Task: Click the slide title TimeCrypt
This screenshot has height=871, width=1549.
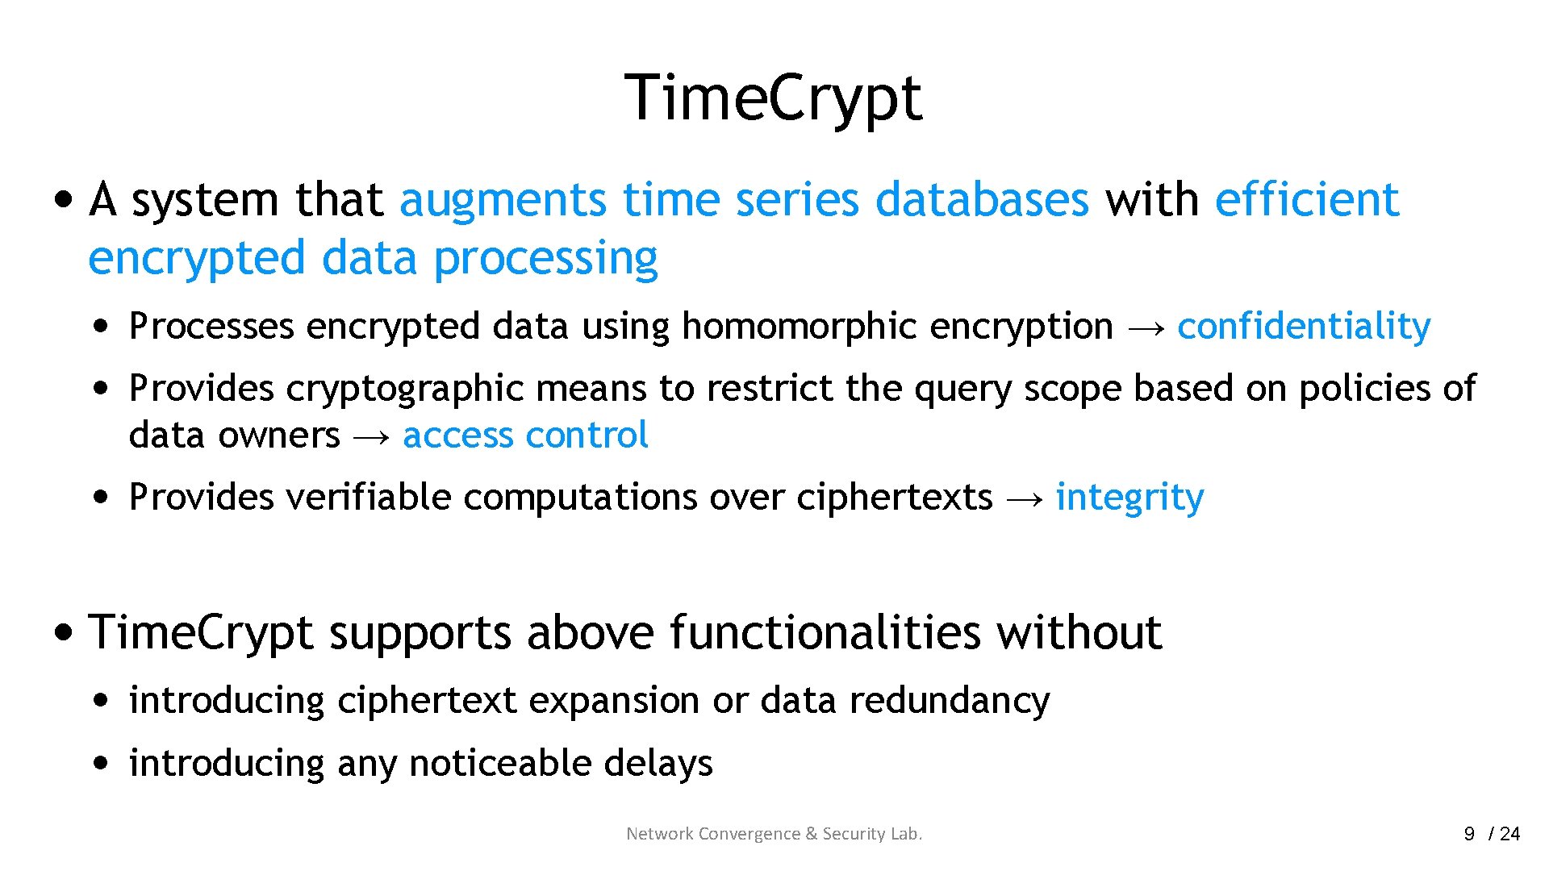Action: tap(773, 98)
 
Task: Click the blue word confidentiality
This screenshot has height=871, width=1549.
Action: tap(1304, 327)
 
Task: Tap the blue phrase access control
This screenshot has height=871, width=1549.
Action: tap(525, 435)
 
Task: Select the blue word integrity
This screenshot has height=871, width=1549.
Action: tap(1129, 498)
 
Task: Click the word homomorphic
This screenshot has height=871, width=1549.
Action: tap(799, 327)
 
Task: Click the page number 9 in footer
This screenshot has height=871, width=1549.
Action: tap(1469, 834)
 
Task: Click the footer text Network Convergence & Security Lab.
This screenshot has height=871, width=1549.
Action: tap(774, 834)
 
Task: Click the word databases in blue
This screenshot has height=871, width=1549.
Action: tap(982, 199)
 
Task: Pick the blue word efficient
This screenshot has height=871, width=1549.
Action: tap(1306, 199)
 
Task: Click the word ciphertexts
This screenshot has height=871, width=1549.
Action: tap(895, 498)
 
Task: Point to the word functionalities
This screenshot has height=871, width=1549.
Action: tap(825, 631)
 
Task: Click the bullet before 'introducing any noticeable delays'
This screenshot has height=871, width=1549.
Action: tap(100, 762)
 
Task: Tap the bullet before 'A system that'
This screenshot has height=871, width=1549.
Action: tap(63, 198)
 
